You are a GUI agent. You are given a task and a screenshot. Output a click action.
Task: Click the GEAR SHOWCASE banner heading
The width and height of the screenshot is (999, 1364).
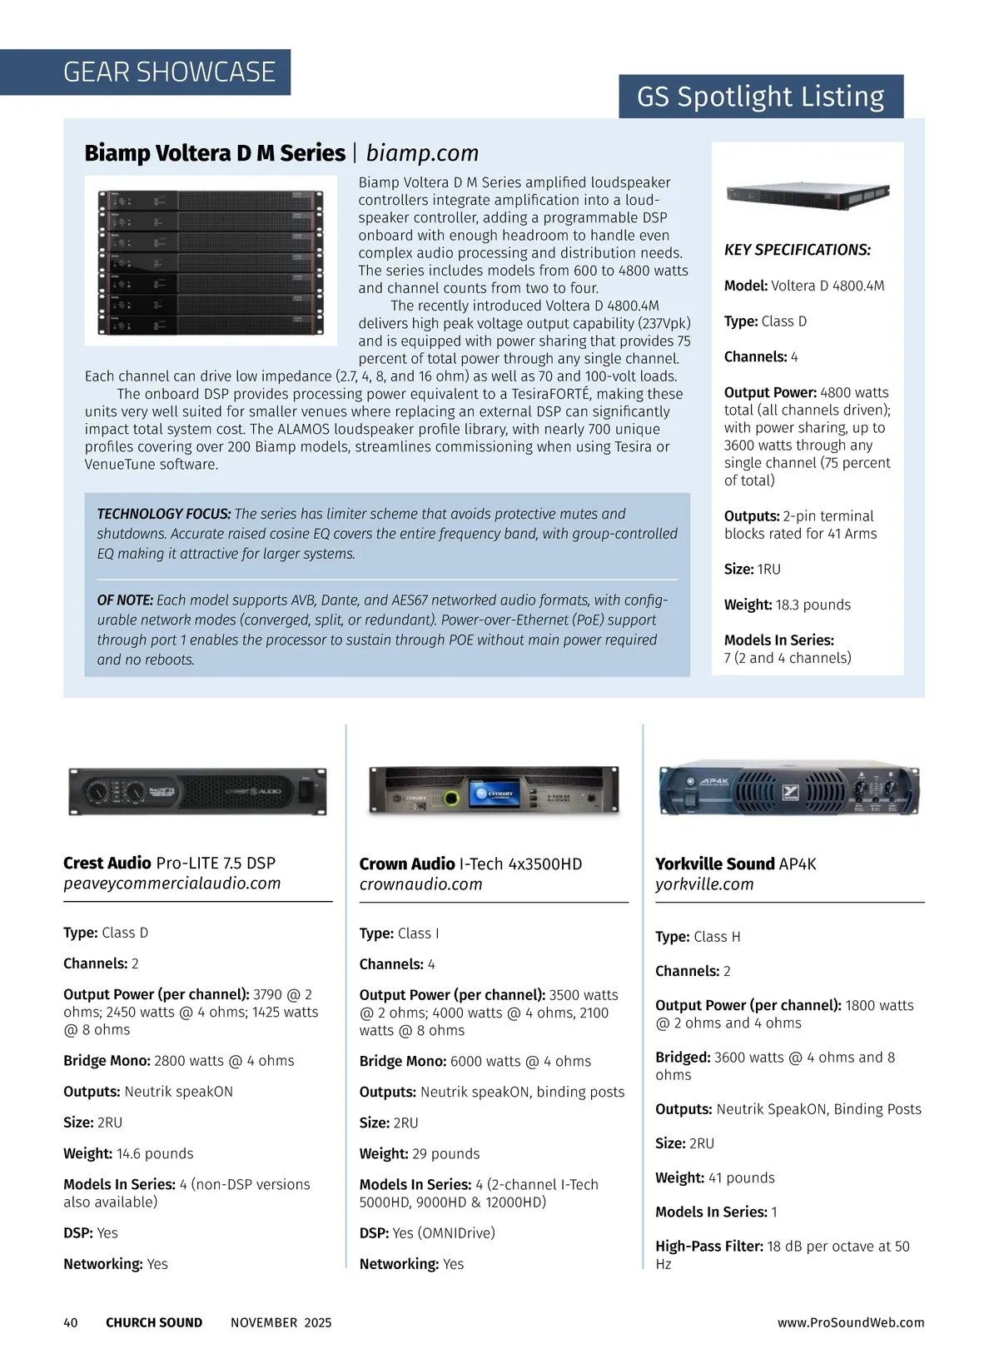pyautogui.click(x=169, y=72)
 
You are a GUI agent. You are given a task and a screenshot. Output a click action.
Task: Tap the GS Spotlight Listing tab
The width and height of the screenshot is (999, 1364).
pyautogui.click(x=760, y=97)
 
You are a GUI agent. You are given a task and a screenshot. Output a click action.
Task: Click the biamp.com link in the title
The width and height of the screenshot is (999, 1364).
pyautogui.click(x=422, y=153)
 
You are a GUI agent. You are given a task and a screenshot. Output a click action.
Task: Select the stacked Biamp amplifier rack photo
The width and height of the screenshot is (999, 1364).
pyautogui.click(x=211, y=261)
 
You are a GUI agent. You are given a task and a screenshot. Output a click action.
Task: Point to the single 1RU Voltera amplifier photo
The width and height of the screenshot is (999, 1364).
pyautogui.click(x=808, y=194)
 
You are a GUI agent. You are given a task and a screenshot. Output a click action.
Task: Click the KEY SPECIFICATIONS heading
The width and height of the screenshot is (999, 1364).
pyautogui.click(x=797, y=250)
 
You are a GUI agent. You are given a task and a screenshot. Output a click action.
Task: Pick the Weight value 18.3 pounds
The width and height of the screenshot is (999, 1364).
pyautogui.click(x=813, y=605)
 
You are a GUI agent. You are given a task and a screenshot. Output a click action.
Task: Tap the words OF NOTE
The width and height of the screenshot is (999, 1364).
pyautogui.click(x=125, y=600)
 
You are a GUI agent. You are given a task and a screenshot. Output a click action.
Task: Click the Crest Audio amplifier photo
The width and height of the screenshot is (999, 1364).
pyautogui.click(x=197, y=791)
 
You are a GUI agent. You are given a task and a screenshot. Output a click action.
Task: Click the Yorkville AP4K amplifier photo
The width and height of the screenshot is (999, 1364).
pyautogui.click(x=789, y=788)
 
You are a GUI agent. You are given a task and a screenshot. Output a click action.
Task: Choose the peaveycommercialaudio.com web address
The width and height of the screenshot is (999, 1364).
pyautogui.click(x=171, y=884)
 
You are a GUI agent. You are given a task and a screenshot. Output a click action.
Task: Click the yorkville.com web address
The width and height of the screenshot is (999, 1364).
pyautogui.click(x=704, y=884)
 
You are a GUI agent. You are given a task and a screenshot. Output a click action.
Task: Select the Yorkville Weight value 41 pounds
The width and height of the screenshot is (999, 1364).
pyautogui.click(x=741, y=1177)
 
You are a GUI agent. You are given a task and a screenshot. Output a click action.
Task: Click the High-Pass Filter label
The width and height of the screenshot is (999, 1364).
pyautogui.click(x=708, y=1246)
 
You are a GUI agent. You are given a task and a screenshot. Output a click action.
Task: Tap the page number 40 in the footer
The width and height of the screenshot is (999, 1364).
pyautogui.click(x=71, y=1322)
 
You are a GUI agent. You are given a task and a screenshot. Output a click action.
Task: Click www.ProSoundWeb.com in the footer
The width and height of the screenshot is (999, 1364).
pyautogui.click(x=851, y=1322)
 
